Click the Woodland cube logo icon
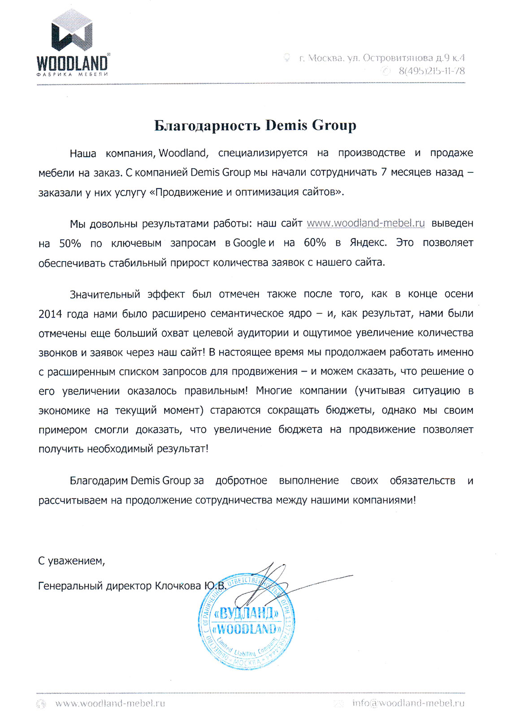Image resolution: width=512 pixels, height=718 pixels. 72,30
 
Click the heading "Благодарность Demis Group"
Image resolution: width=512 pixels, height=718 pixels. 255,125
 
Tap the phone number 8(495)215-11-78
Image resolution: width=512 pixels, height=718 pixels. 431,71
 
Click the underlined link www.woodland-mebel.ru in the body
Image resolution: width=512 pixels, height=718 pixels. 365,223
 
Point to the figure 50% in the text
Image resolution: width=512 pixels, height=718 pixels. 70,243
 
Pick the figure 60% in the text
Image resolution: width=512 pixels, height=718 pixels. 315,243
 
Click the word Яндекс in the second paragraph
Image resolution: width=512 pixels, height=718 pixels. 368,243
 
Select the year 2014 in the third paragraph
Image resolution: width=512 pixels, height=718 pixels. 50,314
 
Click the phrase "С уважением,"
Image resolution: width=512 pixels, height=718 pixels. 71,561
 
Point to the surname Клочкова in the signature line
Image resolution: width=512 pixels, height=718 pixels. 178,586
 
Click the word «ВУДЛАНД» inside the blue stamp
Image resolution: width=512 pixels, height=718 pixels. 247,612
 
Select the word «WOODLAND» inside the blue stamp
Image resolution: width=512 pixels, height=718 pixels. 247,628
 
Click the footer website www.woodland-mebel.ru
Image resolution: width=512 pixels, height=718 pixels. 110,703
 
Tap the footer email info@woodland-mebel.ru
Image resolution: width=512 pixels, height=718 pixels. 408,703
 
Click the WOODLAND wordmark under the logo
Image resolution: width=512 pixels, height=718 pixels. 72,62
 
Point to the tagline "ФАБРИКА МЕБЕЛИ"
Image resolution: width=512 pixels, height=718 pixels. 72,74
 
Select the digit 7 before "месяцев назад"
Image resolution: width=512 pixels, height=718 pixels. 384,173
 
